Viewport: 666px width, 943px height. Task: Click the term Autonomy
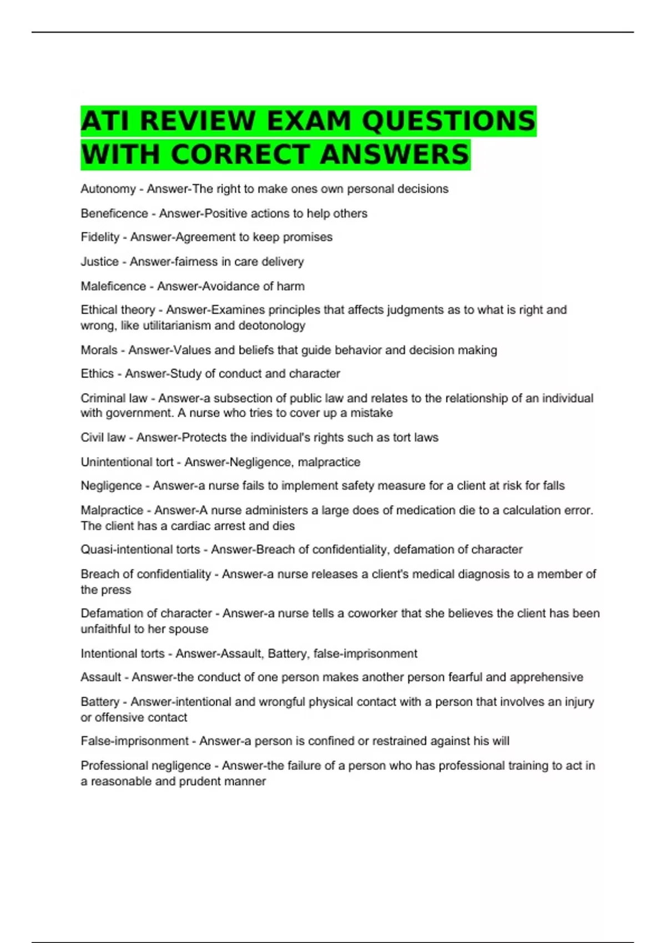pyautogui.click(x=108, y=189)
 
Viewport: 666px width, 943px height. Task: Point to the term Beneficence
pyautogui.click(x=114, y=214)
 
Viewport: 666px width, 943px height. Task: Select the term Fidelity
pyautogui.click(x=100, y=237)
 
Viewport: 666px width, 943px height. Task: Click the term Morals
pyautogui.click(x=99, y=351)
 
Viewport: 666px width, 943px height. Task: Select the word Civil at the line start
pyautogui.click(x=92, y=438)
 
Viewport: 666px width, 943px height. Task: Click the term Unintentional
pyautogui.click(x=116, y=462)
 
